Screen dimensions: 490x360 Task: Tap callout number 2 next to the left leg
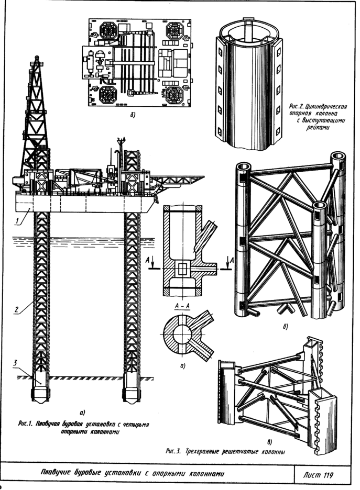[x=17, y=309]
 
